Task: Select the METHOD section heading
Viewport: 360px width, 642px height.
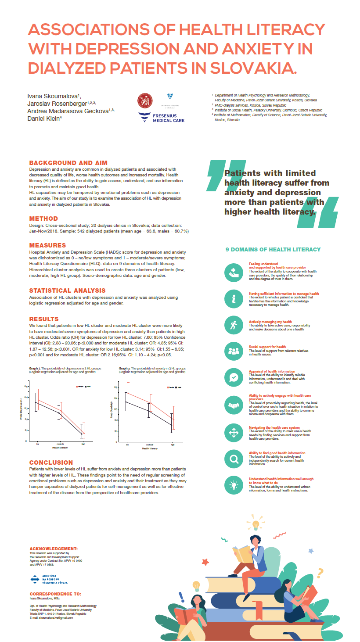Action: [43, 219]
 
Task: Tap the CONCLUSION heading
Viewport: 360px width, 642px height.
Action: [51, 463]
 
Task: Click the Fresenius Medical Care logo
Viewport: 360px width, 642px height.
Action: [161, 117]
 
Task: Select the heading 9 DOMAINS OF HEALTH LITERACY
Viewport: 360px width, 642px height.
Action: [273, 250]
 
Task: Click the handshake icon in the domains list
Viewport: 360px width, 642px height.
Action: [233, 406]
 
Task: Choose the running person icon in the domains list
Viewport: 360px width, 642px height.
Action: [233, 325]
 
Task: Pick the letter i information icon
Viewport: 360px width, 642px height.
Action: [233, 299]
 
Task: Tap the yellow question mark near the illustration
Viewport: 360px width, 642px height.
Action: [320, 573]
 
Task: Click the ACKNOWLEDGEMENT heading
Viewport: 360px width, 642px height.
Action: [53, 549]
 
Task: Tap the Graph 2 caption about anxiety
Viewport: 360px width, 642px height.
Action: [152, 370]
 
